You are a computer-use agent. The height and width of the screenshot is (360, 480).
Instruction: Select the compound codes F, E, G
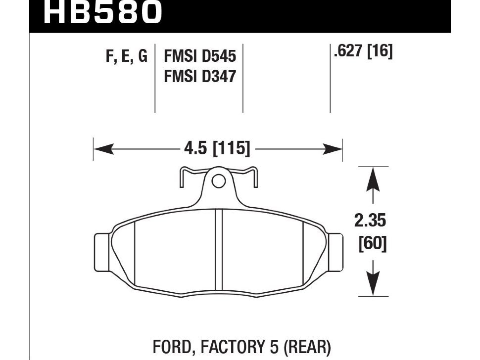tap(127, 56)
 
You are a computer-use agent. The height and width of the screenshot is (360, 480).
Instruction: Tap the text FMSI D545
tap(199, 57)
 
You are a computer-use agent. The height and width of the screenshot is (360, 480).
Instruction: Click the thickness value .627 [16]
tap(363, 51)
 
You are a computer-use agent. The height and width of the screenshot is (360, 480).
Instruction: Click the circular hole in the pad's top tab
tap(218, 181)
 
